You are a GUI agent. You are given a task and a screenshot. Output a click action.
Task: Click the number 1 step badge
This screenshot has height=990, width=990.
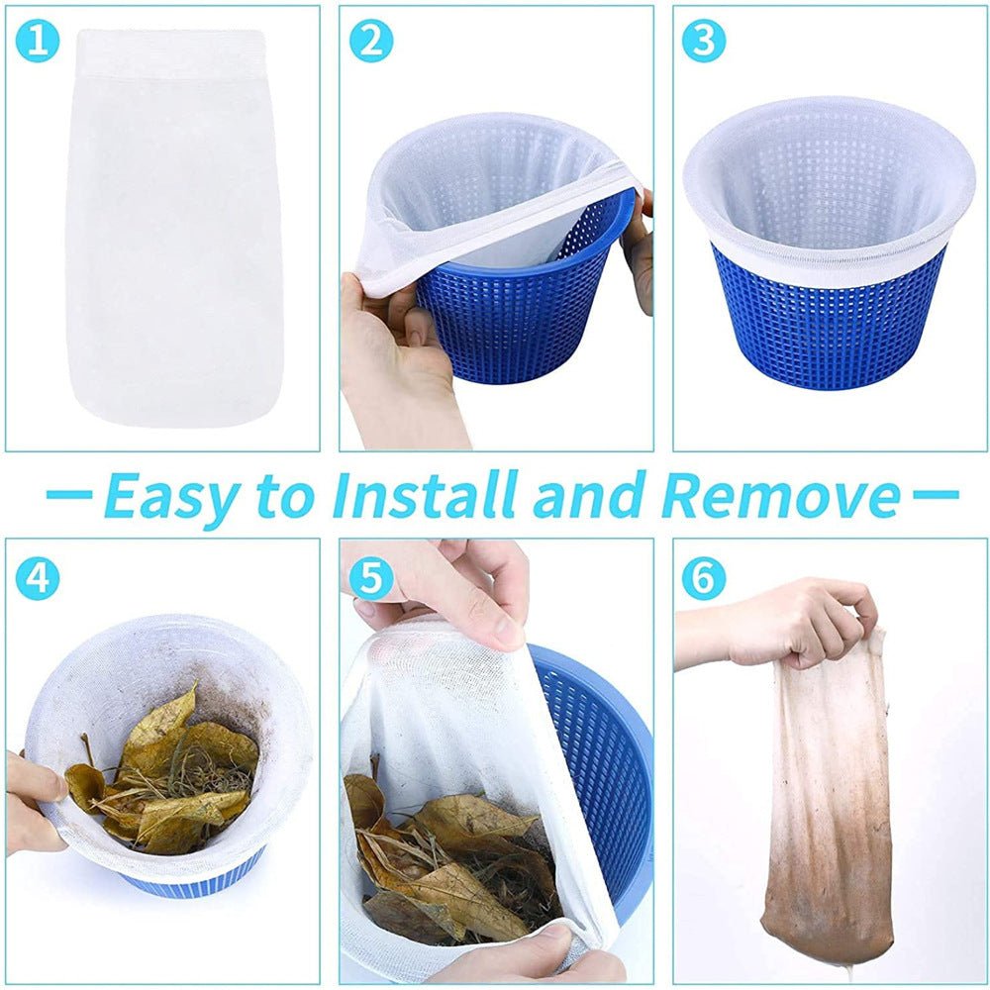38,42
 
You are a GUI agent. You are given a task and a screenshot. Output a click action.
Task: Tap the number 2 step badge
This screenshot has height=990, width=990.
371,42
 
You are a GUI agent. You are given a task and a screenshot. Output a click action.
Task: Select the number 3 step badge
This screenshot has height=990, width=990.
704,42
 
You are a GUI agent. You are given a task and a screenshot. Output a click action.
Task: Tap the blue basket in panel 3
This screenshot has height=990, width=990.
827,327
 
